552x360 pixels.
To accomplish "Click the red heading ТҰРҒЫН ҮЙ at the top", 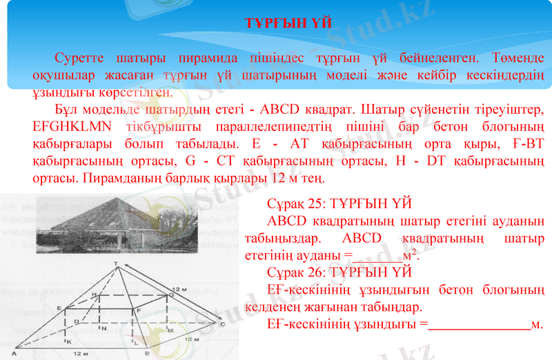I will pos(288,23).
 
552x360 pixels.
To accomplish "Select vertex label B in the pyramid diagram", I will pos(146,352).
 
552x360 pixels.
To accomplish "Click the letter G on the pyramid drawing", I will pos(170,294).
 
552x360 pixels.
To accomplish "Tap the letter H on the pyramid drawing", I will pos(94,294).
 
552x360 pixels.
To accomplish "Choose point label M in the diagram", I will pos(170,330).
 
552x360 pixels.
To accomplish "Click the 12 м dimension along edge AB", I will pos(82,353).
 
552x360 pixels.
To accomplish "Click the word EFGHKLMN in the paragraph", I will pos(67,127).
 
